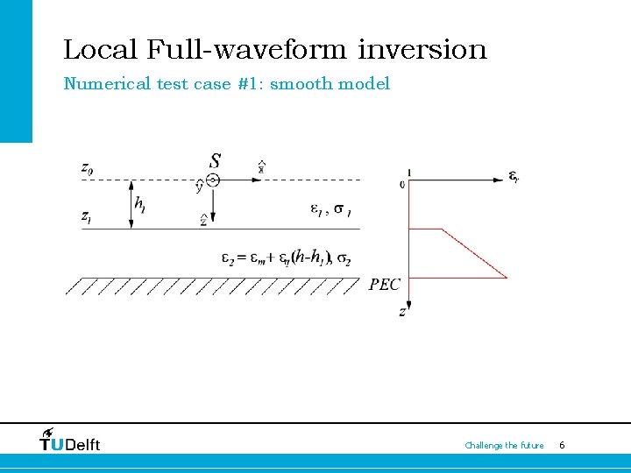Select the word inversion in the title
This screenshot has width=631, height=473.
tap(422, 49)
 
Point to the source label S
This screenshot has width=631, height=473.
tap(216, 161)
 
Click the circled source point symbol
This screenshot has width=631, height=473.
tap(213, 180)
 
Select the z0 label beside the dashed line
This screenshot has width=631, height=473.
tap(86, 167)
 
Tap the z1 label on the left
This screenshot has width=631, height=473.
tap(86, 215)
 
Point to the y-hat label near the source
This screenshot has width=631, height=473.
tap(199, 187)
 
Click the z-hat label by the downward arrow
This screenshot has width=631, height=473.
tap(203, 221)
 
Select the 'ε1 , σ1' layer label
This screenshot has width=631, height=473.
tap(332, 209)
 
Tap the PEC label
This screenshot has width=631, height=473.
tap(385, 284)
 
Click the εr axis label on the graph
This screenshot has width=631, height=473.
tap(514, 177)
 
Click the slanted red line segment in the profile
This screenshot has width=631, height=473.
tap(474, 253)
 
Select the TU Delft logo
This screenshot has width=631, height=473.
tap(70, 440)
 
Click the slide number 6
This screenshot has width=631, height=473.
tap(562, 445)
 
